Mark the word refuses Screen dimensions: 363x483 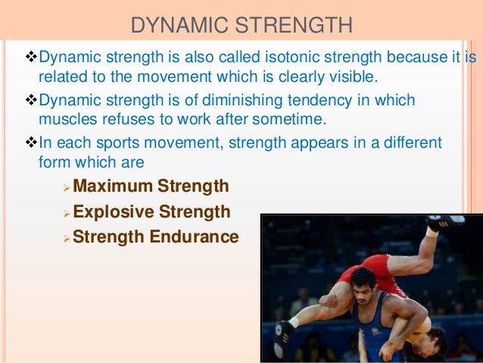[126, 120]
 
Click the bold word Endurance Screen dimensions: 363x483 [194, 237]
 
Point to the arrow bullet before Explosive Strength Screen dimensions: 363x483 [66, 212]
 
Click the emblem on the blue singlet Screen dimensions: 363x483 [374, 332]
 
